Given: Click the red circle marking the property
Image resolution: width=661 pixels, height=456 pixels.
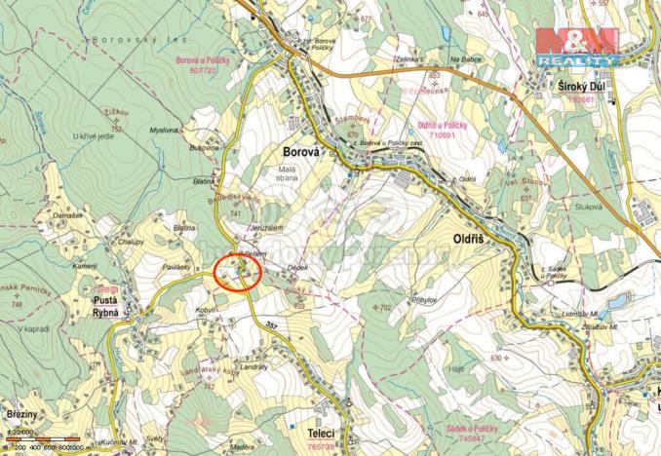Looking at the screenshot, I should coord(237,272).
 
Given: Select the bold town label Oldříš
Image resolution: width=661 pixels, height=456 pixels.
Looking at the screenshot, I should coord(476,237).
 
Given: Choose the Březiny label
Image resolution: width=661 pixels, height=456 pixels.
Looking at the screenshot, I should coord(21,414).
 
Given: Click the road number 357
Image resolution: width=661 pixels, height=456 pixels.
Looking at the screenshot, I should coord(271,323).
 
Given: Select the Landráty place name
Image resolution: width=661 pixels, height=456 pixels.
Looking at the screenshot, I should coord(253,366).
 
